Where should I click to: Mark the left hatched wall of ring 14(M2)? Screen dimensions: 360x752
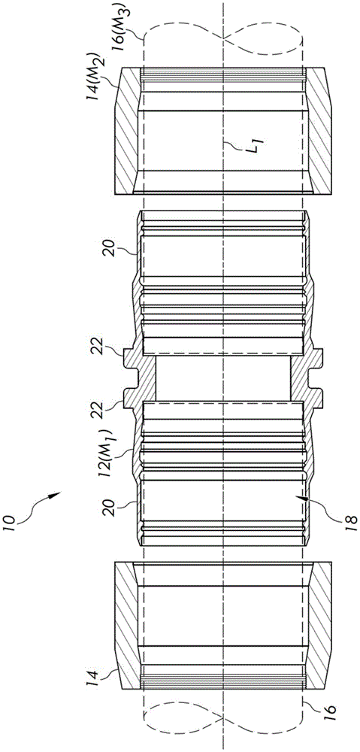coord(127,132)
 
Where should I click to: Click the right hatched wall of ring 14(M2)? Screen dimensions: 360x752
coord(317,132)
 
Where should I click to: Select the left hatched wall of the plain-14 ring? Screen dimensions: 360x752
coord(127,624)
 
